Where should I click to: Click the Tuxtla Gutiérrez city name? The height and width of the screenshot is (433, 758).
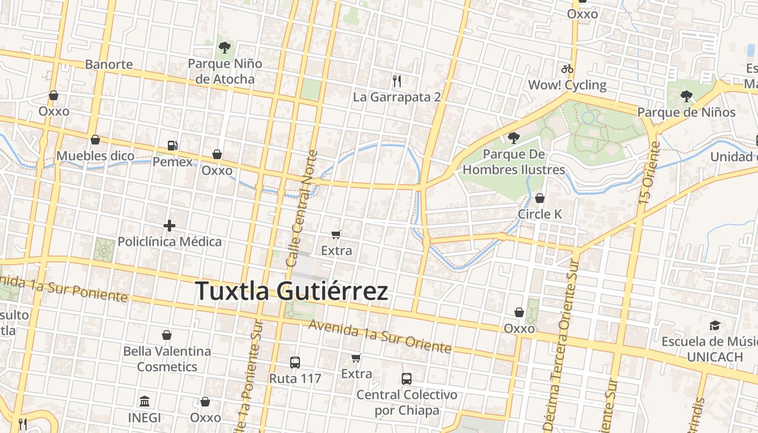[x=291, y=291]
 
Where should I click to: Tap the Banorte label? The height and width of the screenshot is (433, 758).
[x=109, y=64]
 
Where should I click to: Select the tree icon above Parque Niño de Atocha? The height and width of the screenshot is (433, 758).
[x=224, y=48]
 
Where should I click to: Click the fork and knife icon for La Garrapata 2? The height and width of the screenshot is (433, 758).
[x=397, y=81]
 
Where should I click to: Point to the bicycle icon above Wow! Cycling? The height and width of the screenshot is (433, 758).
[x=567, y=69]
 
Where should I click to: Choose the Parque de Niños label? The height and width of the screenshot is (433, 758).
[x=686, y=112]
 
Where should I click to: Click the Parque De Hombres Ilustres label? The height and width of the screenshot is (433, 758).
[x=513, y=162]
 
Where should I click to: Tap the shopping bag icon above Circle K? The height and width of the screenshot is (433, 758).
[x=540, y=198]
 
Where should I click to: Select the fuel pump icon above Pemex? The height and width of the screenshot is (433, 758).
[x=173, y=145]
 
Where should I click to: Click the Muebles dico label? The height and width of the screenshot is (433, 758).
[x=95, y=156]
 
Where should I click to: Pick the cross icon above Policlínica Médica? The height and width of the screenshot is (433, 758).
[x=169, y=225]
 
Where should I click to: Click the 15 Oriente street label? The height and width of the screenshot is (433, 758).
[x=648, y=173]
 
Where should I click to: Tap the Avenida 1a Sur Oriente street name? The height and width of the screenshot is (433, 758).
[x=380, y=337]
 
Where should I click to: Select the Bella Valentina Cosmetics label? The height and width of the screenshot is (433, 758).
[x=167, y=359]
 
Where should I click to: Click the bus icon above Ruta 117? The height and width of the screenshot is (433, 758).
[x=295, y=362]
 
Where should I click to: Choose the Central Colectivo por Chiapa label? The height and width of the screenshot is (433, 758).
[x=407, y=402]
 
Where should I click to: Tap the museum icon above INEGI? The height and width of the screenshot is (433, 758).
[x=145, y=402]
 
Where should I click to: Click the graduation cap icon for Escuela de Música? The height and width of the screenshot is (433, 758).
[x=715, y=325]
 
